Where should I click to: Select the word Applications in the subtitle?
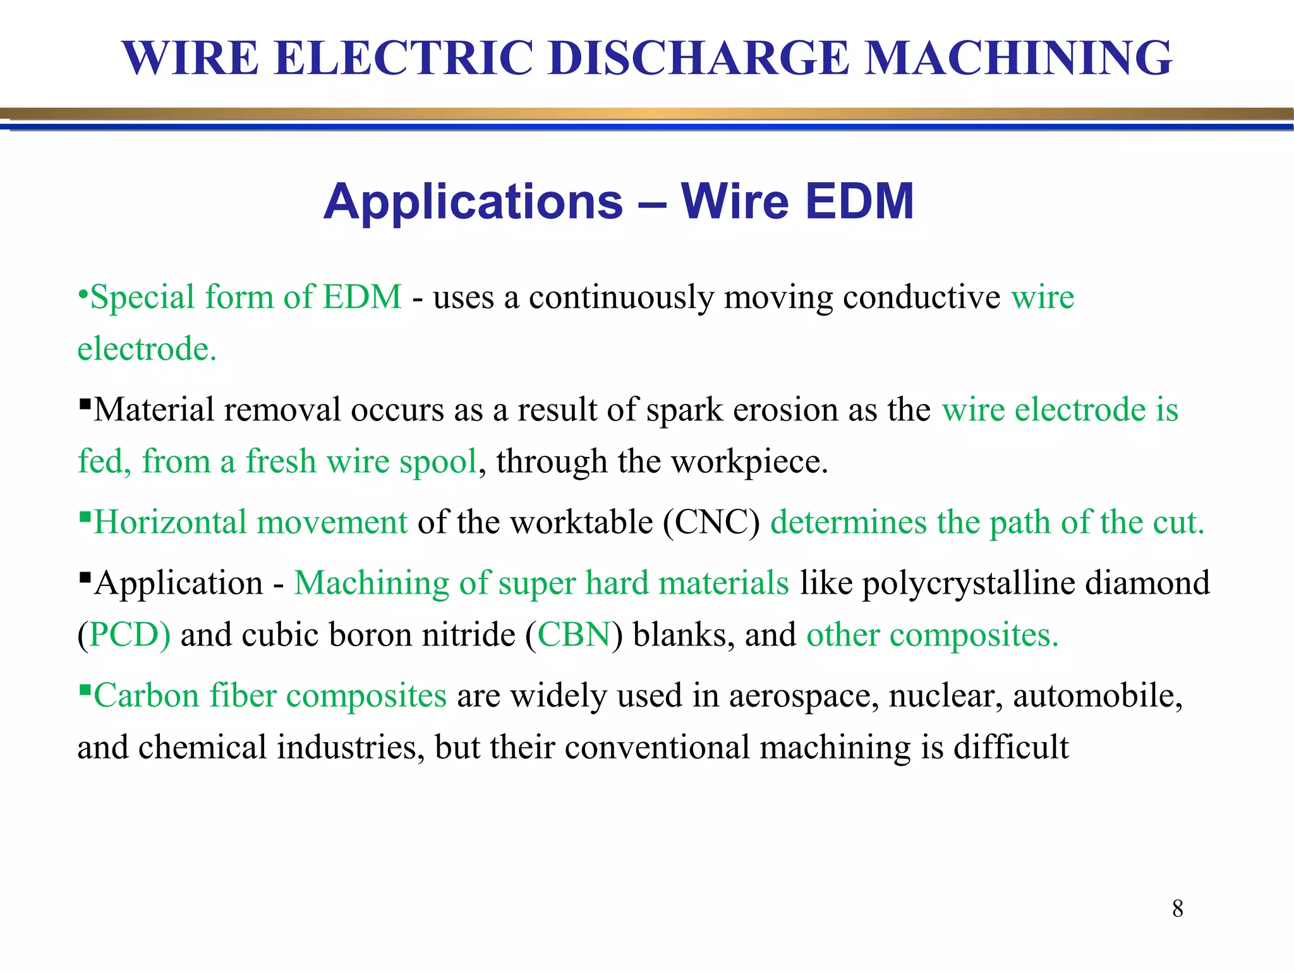click(x=473, y=202)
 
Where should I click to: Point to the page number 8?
click(x=1178, y=908)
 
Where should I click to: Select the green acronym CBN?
click(x=574, y=635)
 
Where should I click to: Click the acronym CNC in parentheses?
click(x=711, y=523)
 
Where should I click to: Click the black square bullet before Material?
click(x=85, y=403)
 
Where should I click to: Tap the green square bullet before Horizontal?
click(x=85, y=515)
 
